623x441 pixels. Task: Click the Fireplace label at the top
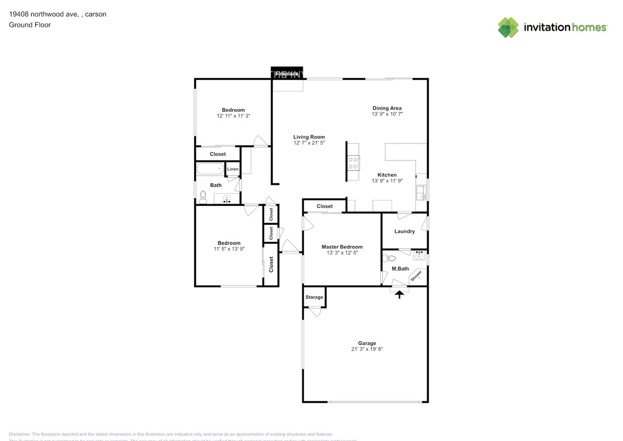(x=287, y=74)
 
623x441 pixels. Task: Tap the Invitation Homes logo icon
(x=508, y=27)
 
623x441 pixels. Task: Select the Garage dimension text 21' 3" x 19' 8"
(x=371, y=349)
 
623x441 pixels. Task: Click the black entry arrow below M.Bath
(x=399, y=295)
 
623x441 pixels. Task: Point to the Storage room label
(x=314, y=297)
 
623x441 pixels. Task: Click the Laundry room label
(x=405, y=231)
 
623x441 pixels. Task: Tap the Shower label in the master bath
(x=416, y=276)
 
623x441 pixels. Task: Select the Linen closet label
(x=233, y=169)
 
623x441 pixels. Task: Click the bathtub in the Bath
(x=210, y=169)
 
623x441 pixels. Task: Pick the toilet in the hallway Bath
(x=203, y=196)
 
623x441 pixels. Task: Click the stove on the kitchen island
(x=354, y=163)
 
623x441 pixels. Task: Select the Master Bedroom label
(x=342, y=247)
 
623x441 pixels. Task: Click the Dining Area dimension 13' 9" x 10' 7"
(x=387, y=114)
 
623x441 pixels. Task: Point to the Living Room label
(x=309, y=137)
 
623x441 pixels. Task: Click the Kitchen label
(x=387, y=175)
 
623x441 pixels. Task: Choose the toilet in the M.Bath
(x=391, y=258)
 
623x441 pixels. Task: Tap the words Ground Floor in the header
(x=30, y=25)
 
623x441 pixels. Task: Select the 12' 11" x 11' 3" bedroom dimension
(x=233, y=115)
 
